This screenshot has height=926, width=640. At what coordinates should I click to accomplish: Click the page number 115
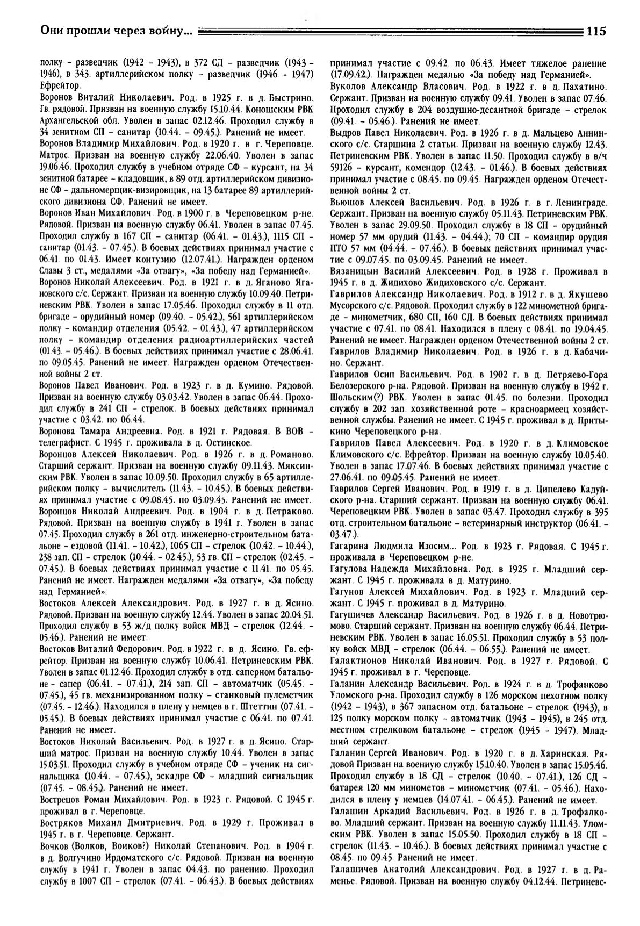(x=596, y=31)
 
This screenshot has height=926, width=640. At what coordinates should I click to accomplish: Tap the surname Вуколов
(x=349, y=87)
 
